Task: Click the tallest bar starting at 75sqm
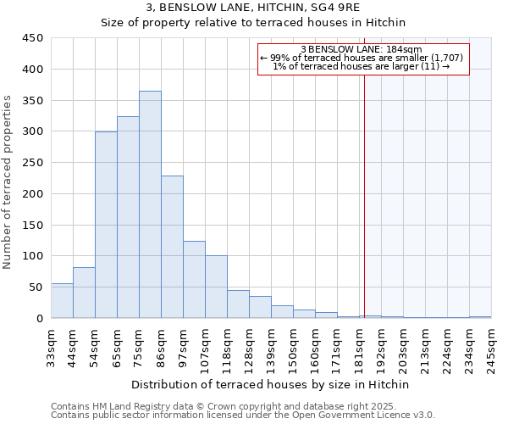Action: click(x=150, y=204)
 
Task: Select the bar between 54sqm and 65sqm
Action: click(x=106, y=225)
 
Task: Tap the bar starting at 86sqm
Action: click(x=172, y=247)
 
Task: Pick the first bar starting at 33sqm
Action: click(x=62, y=301)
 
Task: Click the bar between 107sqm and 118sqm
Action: click(x=216, y=287)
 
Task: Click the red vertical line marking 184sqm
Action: click(x=364, y=195)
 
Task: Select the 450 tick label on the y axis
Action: click(x=33, y=38)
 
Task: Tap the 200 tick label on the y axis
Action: click(x=33, y=194)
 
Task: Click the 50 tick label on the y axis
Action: click(x=36, y=287)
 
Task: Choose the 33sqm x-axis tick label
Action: click(x=52, y=348)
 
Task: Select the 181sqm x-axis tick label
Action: click(x=360, y=348)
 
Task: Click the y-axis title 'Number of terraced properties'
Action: click(x=8, y=182)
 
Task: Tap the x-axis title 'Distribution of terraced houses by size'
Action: click(x=271, y=384)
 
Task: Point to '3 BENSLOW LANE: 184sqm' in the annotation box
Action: click(x=362, y=49)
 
